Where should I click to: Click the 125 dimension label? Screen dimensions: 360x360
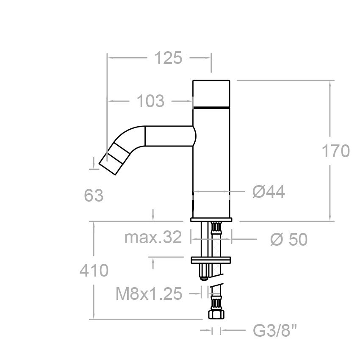click(168, 58)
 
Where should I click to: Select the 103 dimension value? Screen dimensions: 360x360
click(150, 101)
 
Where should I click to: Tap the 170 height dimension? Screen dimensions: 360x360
click(336, 151)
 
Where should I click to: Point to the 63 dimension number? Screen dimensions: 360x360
click(94, 195)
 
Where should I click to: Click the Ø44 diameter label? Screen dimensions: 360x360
click(269, 192)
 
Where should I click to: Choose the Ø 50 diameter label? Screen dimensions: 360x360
click(289, 240)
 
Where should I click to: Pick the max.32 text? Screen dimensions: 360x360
click(153, 238)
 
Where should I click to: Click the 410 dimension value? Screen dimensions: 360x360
click(94, 270)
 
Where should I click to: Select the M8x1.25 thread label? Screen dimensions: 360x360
click(149, 294)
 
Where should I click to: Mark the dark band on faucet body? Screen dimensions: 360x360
click(211, 108)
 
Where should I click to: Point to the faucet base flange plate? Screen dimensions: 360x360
click(211, 220)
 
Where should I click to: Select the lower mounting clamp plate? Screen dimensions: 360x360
click(211, 259)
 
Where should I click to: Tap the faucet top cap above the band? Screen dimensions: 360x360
click(211, 93)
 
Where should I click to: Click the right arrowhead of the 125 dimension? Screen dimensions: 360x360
click(208, 58)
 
